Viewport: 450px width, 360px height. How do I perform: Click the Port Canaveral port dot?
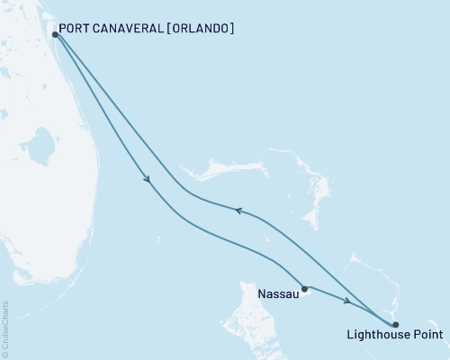[56, 34]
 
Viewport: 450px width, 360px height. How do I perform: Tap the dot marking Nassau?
[305, 289]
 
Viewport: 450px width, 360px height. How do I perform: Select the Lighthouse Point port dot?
[396, 324]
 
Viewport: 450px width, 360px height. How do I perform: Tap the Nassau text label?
[276, 293]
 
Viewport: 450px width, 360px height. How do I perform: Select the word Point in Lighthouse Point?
[427, 337]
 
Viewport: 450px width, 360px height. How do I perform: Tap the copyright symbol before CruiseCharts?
[6, 354]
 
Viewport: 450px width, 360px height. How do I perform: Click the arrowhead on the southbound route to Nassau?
[147, 180]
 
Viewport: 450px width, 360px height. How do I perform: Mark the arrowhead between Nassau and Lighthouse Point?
[347, 301]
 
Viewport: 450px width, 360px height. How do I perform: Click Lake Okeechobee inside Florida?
[38, 143]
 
